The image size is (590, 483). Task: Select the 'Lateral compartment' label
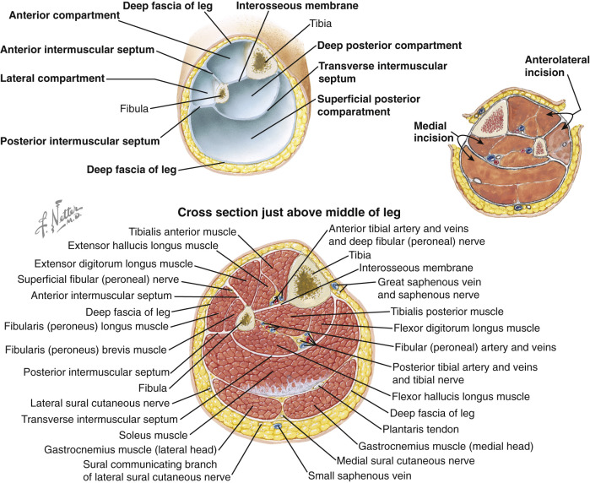tap(52, 79)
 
